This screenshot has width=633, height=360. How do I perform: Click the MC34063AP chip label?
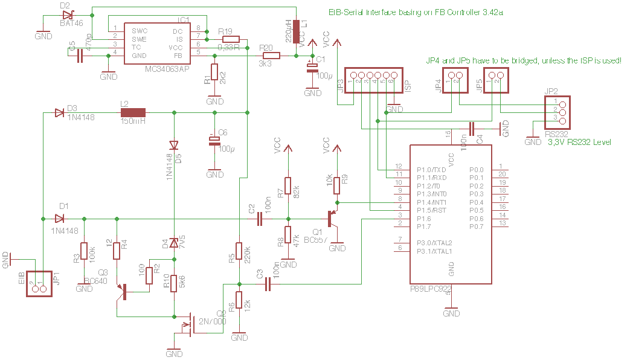coord(167,69)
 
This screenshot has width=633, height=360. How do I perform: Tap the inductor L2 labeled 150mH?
coord(133,112)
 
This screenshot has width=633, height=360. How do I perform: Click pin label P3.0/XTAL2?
coord(435,242)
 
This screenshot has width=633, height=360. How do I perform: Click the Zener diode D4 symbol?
coord(175,243)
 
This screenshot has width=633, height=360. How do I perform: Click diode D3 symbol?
coord(59,112)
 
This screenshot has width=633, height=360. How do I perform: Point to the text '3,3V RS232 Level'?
coord(579,143)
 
